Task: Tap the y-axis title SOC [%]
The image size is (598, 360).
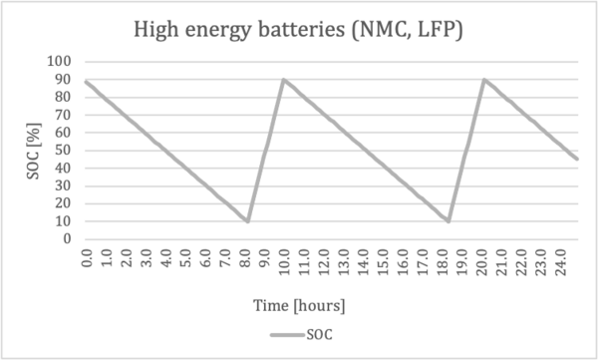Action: pos(34,151)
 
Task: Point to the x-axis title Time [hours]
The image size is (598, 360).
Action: pos(299,306)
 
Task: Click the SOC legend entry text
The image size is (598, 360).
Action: pos(320,335)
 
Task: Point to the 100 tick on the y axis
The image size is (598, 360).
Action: pos(59,61)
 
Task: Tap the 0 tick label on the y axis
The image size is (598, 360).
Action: pos(68,239)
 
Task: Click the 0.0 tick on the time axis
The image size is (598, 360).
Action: pos(88,258)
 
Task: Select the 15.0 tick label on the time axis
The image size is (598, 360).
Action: pos(384,258)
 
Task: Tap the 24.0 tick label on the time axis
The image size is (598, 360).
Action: pos(561,258)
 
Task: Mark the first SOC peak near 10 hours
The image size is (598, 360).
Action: pos(284,80)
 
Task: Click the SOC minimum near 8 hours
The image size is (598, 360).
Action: pos(248,221)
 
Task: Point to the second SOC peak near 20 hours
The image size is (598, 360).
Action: pos(484,80)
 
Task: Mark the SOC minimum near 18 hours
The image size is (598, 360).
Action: pos(448,221)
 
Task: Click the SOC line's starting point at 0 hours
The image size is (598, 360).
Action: pos(86,82)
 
